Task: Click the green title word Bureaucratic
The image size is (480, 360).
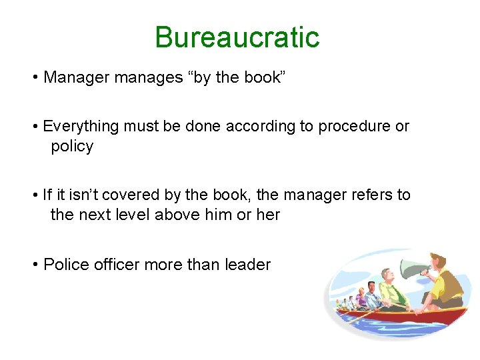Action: coord(237,37)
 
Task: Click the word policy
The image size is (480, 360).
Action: coord(72,147)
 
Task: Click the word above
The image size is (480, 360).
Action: coord(178,215)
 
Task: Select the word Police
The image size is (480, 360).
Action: coord(62,265)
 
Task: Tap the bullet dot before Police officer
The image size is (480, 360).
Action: coord(35,265)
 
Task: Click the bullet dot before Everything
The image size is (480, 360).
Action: coord(35,127)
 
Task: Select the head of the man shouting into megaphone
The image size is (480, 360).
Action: coord(437,261)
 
